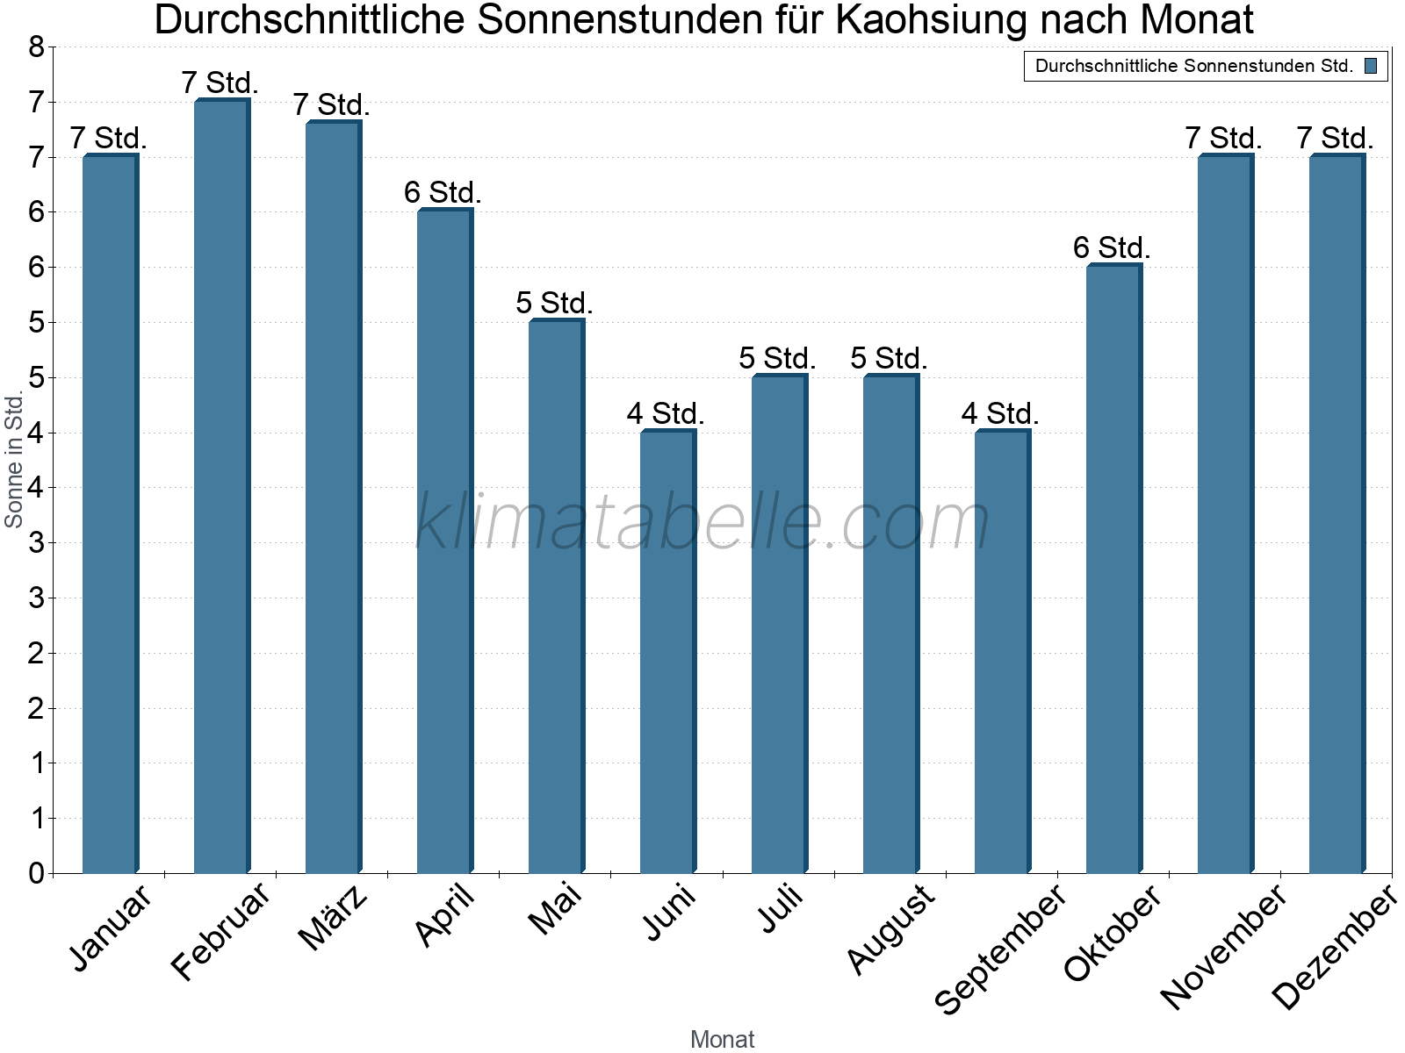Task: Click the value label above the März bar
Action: point(331,105)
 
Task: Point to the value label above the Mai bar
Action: point(554,304)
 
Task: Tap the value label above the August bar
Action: point(889,359)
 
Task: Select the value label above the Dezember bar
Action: point(1335,139)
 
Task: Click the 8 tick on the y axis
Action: point(36,47)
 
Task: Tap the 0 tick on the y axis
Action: point(36,873)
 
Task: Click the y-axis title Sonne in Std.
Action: point(14,461)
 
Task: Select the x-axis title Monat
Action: point(722,1039)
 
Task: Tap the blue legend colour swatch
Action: point(1371,66)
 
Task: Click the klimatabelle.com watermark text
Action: point(702,522)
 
